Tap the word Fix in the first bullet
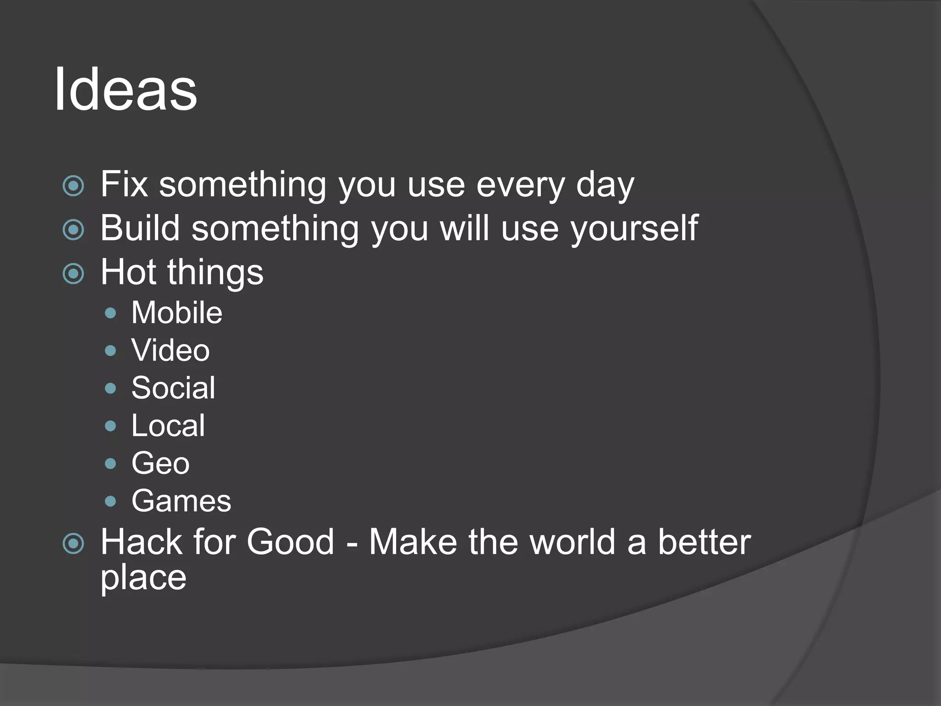[x=124, y=184]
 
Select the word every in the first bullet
[x=520, y=185]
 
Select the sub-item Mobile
[x=176, y=313]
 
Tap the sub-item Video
[x=170, y=350]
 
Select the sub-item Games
[x=181, y=501]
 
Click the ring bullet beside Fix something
[x=74, y=186]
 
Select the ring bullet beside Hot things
[x=74, y=273]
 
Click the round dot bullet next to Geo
[x=110, y=463]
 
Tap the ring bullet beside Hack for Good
[x=74, y=544]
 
